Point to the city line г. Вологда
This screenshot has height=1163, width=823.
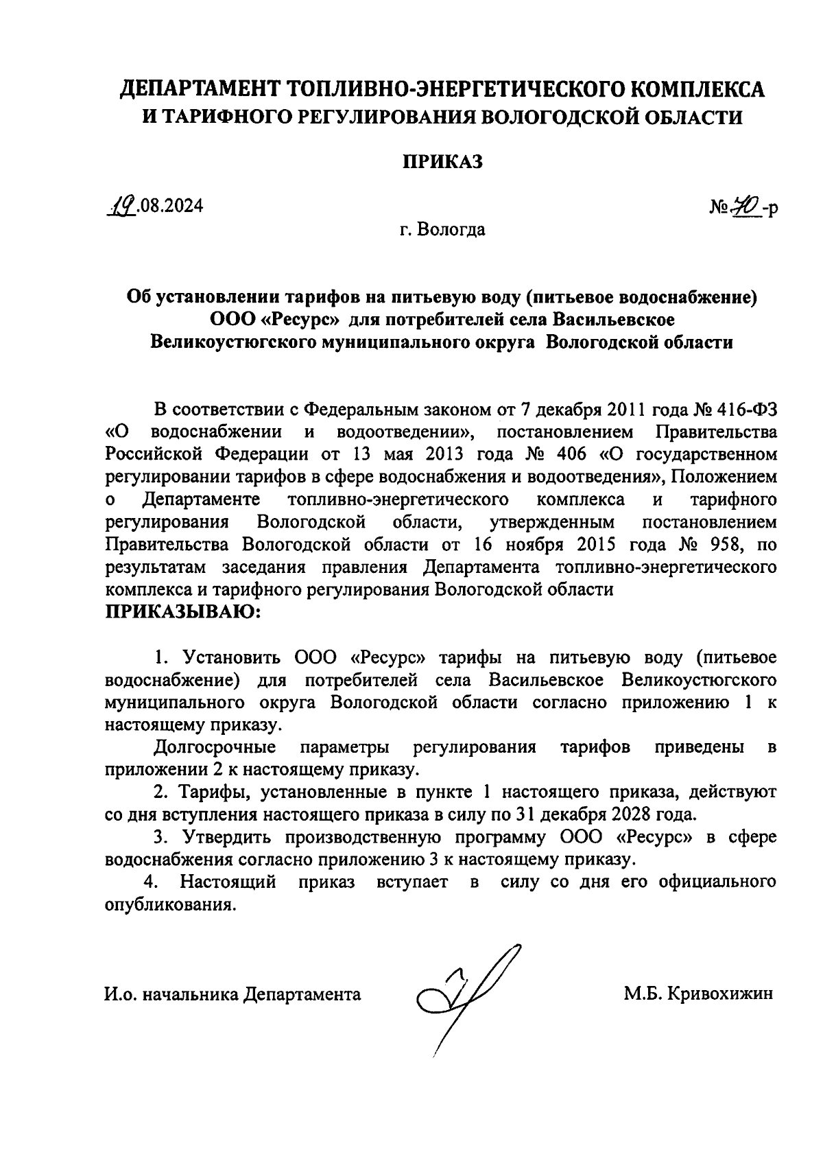(x=442, y=229)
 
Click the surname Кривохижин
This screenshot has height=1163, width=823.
(x=717, y=994)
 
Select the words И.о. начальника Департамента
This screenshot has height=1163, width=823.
(x=232, y=994)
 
